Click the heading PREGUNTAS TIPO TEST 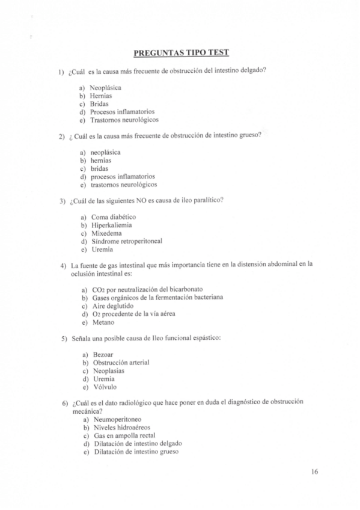point(180,52)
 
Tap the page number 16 point(315,472)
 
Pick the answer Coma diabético point(113,217)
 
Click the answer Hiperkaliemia point(112,225)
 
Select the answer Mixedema point(106,233)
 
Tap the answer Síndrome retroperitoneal point(126,241)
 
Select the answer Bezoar point(103,355)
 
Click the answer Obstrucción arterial point(121,363)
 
